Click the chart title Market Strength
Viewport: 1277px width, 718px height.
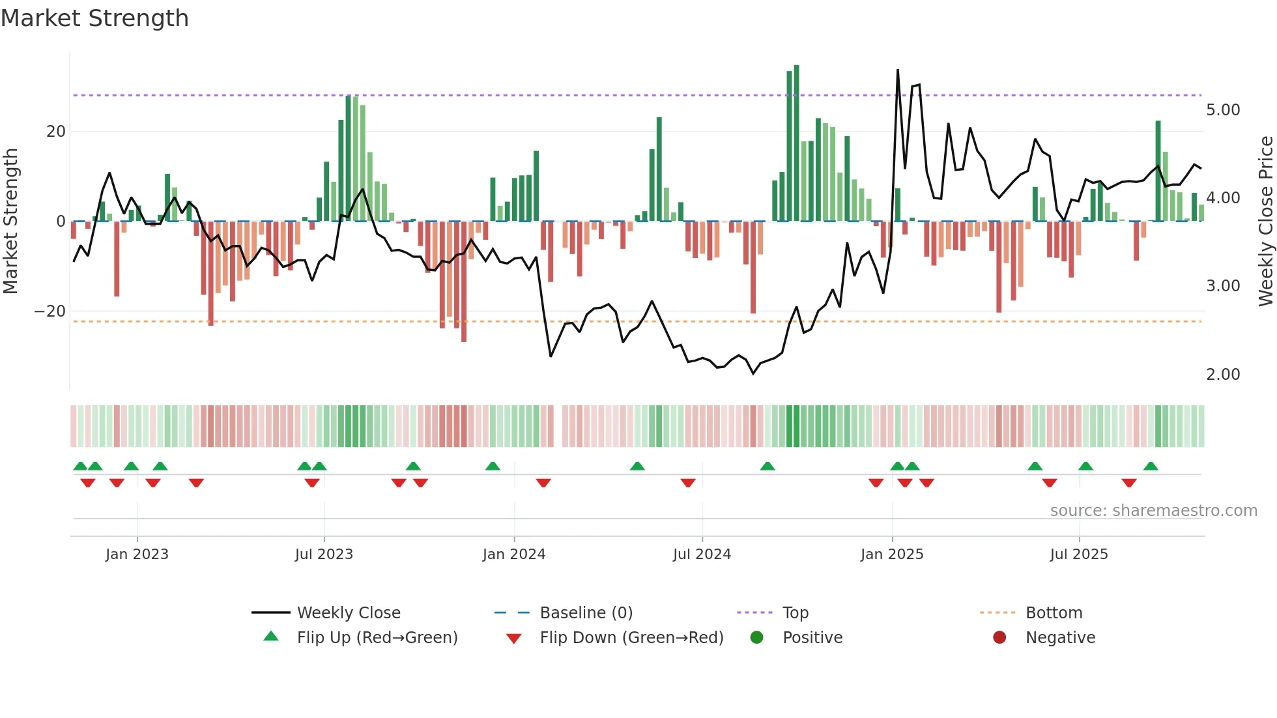(94, 18)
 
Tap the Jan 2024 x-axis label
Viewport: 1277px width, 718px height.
(513, 554)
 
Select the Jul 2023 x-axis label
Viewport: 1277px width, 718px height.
(324, 554)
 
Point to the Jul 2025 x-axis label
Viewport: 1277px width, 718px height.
(1078, 554)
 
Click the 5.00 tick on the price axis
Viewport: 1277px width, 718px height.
(1223, 109)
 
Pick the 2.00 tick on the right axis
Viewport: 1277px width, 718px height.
(1223, 374)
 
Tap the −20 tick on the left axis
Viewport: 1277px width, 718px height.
(50, 311)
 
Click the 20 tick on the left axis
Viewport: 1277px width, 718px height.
(56, 131)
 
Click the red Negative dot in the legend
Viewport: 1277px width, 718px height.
(999, 637)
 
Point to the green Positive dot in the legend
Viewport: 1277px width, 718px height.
(756, 637)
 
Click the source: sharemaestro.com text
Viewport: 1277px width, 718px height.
(1153, 510)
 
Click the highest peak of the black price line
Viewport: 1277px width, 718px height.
(898, 70)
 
